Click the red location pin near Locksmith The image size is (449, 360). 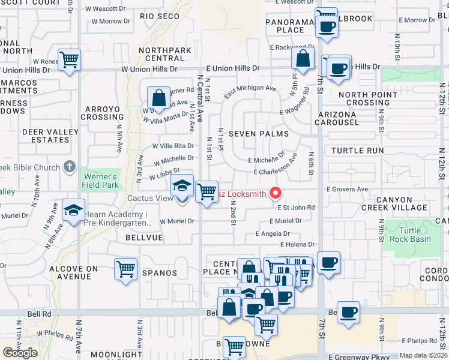pyautogui.click(x=276, y=193)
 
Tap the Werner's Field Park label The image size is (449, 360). pyautogui.click(x=100, y=181)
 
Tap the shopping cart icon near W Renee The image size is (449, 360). pyautogui.click(x=70, y=60)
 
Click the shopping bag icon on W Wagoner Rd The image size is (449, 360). pyautogui.click(x=158, y=97)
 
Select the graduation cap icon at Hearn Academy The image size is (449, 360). pyautogui.click(x=73, y=211)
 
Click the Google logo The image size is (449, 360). pyautogui.click(x=20, y=352)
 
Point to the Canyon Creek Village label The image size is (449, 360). pyautogui.click(x=402, y=203)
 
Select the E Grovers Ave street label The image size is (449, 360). pyautogui.click(x=347, y=189)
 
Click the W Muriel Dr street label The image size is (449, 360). pyautogui.click(x=177, y=221)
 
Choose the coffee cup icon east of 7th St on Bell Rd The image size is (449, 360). pyautogui.click(x=348, y=312)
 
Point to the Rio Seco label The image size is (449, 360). pyautogui.click(x=160, y=16)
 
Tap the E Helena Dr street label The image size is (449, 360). pyautogui.click(x=297, y=244)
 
